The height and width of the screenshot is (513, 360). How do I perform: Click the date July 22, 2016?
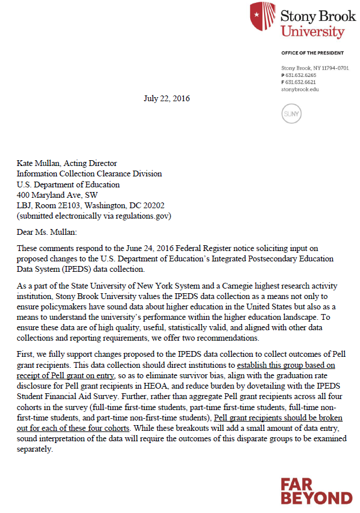(166, 98)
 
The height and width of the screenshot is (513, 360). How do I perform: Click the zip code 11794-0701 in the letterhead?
(336, 68)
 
